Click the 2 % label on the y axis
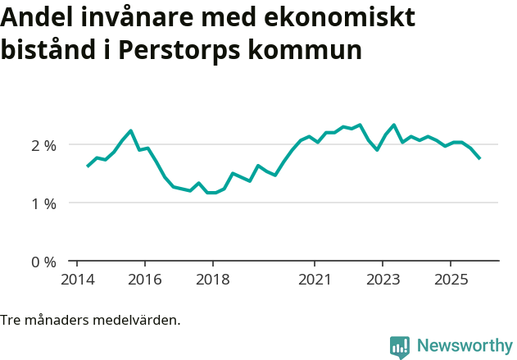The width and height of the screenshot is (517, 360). tap(43, 145)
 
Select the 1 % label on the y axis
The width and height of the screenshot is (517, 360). tap(43, 203)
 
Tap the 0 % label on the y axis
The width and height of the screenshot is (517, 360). tap(43, 262)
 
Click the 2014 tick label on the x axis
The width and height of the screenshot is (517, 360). tap(76, 280)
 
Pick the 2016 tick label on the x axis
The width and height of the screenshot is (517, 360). tap(144, 280)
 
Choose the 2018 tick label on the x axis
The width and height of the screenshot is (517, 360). tap(212, 280)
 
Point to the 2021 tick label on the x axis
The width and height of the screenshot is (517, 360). tap(315, 280)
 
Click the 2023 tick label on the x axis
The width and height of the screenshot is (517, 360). tap(383, 280)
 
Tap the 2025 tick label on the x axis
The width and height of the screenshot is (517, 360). tap(451, 280)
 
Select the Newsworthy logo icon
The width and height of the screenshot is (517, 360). tap(400, 346)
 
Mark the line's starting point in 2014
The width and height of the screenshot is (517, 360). tap(88, 166)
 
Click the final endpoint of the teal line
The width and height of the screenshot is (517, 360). tap(479, 158)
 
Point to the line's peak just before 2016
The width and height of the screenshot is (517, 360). tap(131, 130)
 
